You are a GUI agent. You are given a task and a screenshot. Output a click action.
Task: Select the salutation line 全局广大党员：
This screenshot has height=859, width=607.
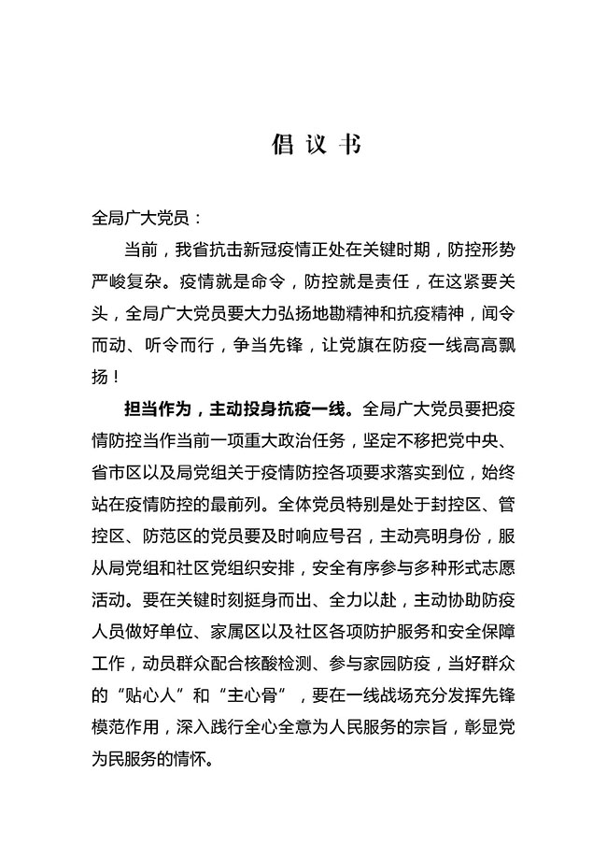143,219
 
